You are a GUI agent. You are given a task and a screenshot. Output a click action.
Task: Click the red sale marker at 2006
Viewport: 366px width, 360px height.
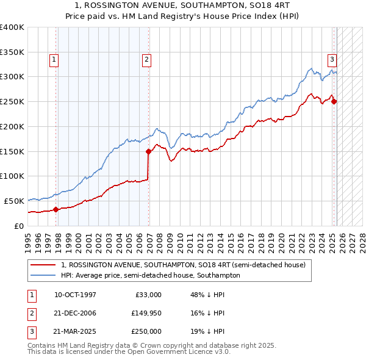[x=148, y=151]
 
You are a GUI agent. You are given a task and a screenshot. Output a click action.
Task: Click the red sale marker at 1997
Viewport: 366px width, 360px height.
[x=56, y=209]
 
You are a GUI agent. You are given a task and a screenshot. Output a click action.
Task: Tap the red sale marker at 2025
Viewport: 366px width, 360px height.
[x=334, y=101]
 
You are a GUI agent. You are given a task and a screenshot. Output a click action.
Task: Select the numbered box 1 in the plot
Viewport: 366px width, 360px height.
[x=54, y=60]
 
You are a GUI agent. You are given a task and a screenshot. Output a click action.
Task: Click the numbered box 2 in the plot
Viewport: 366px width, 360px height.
[x=147, y=60]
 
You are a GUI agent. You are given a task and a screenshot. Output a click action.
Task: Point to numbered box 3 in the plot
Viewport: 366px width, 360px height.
[x=332, y=60]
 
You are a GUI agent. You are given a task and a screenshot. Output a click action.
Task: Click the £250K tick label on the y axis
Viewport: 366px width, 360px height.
[x=12, y=101]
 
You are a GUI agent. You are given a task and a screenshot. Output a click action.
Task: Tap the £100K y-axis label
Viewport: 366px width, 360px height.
[x=12, y=176]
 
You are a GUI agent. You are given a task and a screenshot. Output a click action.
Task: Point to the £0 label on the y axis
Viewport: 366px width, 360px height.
[x=19, y=226]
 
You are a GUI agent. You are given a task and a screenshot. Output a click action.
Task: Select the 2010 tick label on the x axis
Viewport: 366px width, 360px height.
[x=181, y=242]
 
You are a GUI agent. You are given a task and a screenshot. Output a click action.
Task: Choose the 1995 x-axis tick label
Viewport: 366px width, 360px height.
[x=28, y=242]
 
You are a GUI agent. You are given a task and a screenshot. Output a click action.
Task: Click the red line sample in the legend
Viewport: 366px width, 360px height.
[x=42, y=265]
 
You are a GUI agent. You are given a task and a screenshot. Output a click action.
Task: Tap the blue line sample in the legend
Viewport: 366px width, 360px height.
[x=42, y=275]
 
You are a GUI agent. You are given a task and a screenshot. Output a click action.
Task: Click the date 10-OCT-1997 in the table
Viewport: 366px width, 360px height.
[x=75, y=295]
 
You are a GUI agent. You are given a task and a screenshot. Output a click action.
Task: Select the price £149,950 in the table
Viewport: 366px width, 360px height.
[x=146, y=313]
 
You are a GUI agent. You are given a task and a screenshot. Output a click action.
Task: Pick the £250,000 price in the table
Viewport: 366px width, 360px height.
[x=146, y=331]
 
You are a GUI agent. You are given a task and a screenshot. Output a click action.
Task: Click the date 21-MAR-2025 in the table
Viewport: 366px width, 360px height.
[x=75, y=331]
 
